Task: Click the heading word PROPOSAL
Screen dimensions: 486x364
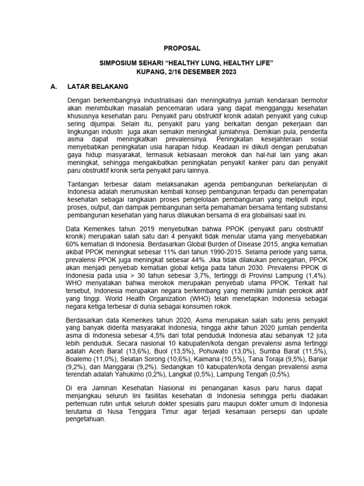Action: [182, 48]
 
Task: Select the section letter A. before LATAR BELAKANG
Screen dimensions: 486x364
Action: [54, 87]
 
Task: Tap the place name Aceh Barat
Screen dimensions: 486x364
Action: [105, 351]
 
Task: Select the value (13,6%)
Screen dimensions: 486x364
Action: [135, 351]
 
